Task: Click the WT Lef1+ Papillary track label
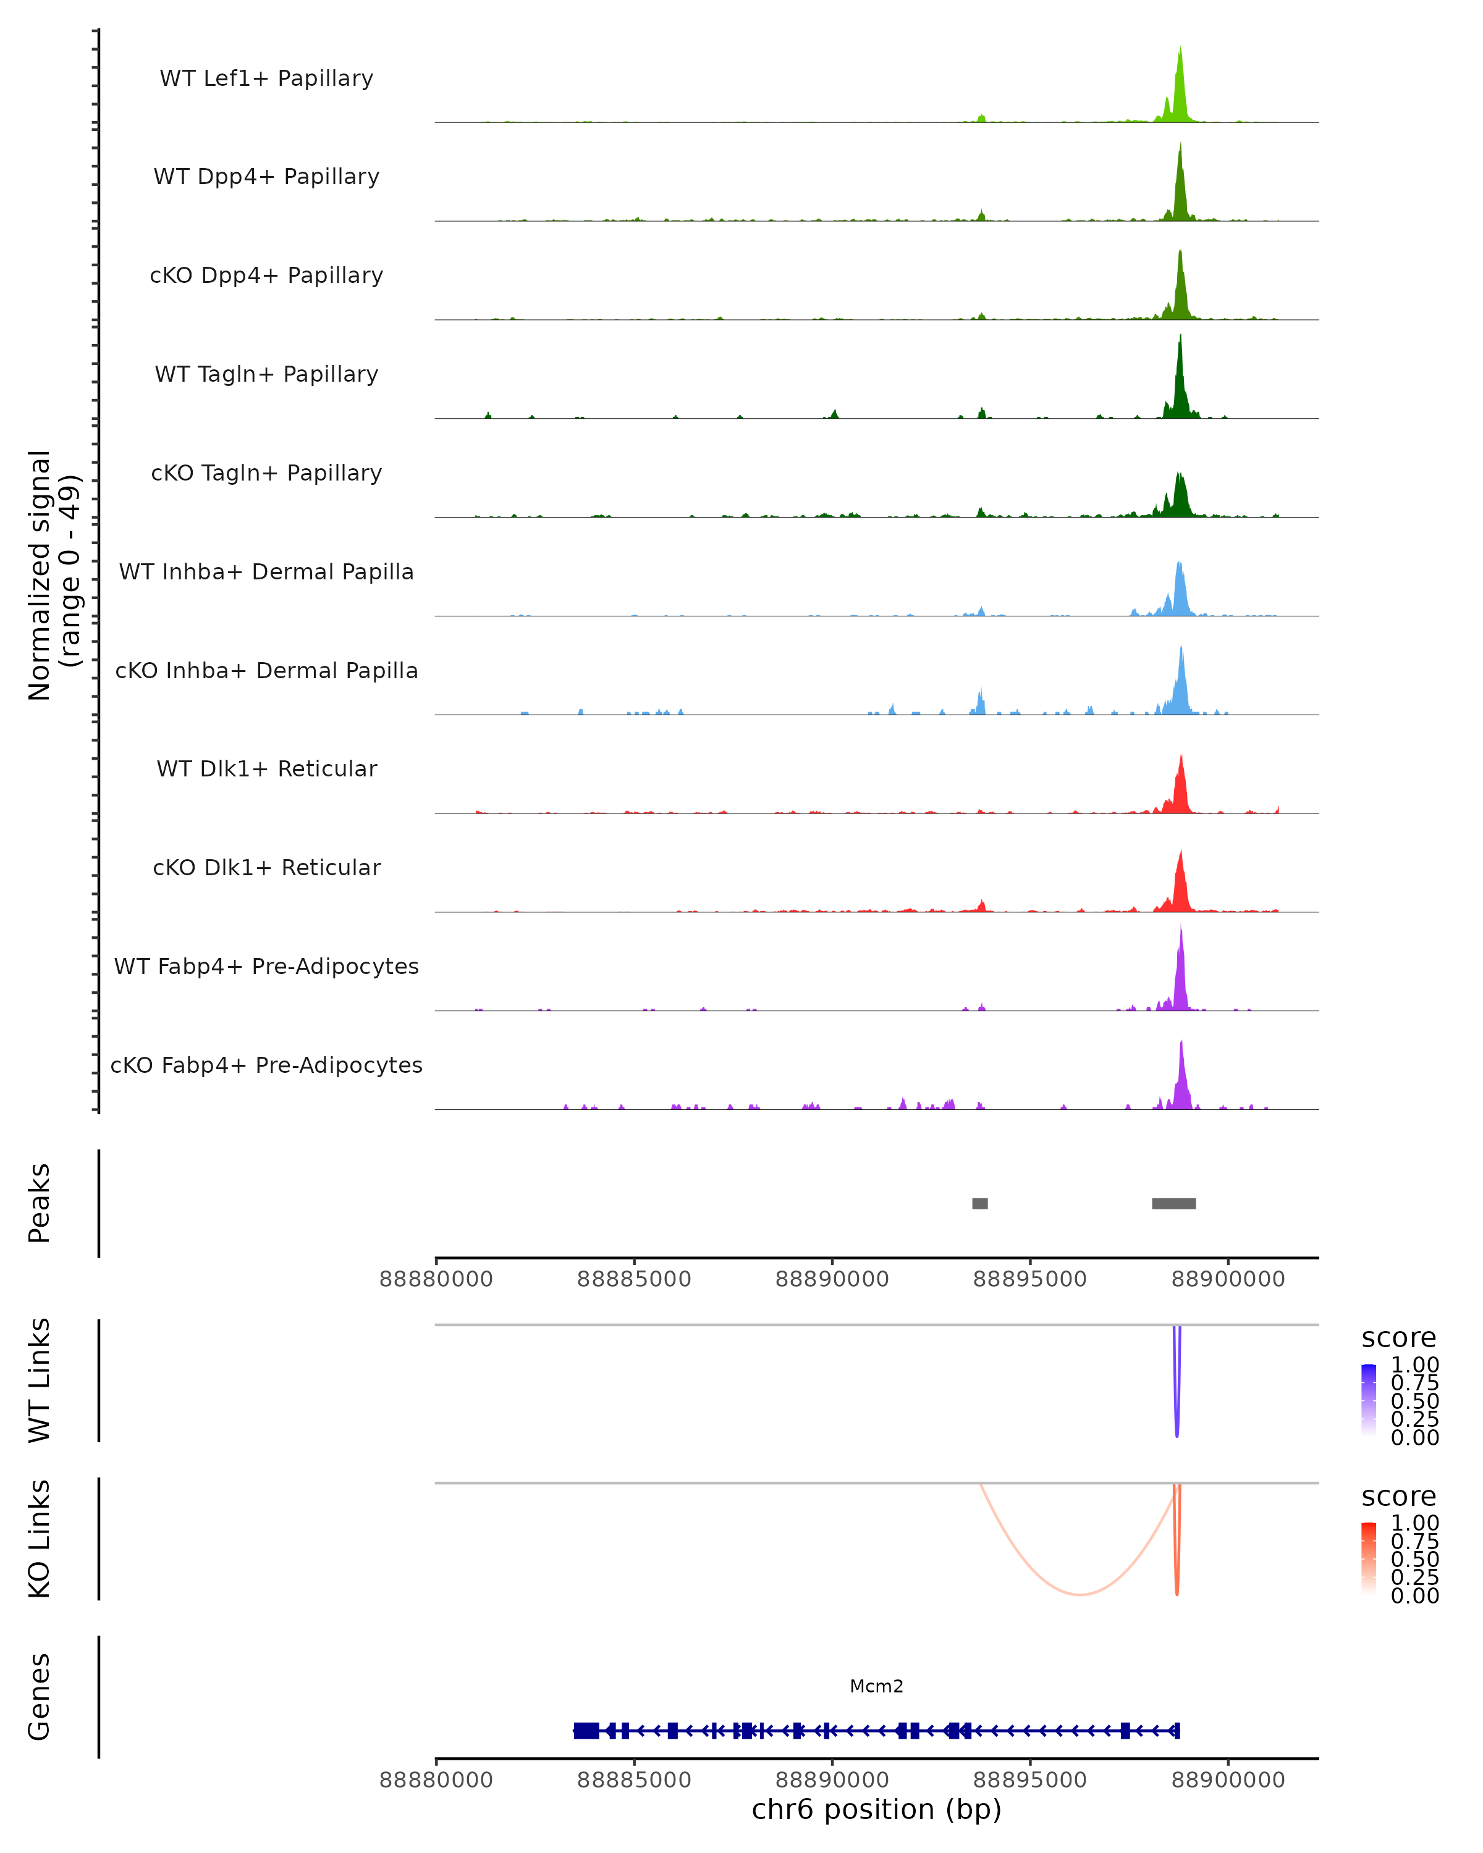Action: point(266,78)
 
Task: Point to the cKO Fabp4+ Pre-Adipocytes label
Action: point(266,1065)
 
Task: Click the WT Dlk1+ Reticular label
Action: point(266,768)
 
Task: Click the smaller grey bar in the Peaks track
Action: point(979,1203)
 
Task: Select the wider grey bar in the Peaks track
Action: point(1173,1203)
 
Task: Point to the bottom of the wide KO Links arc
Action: point(1080,1594)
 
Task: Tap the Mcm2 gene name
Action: point(876,1686)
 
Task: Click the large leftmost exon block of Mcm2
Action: point(586,1730)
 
